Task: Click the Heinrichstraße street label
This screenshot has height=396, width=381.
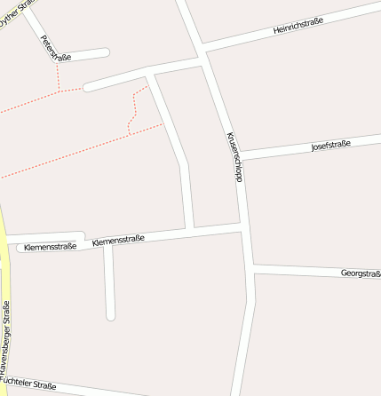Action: [298, 26]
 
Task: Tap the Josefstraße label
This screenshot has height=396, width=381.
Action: [330, 146]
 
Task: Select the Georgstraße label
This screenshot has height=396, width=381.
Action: [361, 273]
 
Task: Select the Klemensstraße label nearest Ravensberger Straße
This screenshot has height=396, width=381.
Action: [51, 247]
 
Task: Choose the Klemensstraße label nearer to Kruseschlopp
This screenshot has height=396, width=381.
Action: [118, 240]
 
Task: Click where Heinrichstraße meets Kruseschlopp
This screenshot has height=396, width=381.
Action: [203, 50]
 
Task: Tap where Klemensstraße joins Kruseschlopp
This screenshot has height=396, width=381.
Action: [243, 231]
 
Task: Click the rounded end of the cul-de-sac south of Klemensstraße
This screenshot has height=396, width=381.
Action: [111, 315]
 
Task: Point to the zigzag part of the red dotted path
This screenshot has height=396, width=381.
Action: [133, 111]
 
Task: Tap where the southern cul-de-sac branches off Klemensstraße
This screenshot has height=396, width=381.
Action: [108, 244]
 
